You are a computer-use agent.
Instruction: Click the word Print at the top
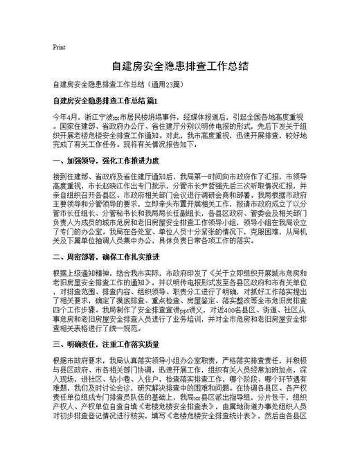point(59,48)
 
